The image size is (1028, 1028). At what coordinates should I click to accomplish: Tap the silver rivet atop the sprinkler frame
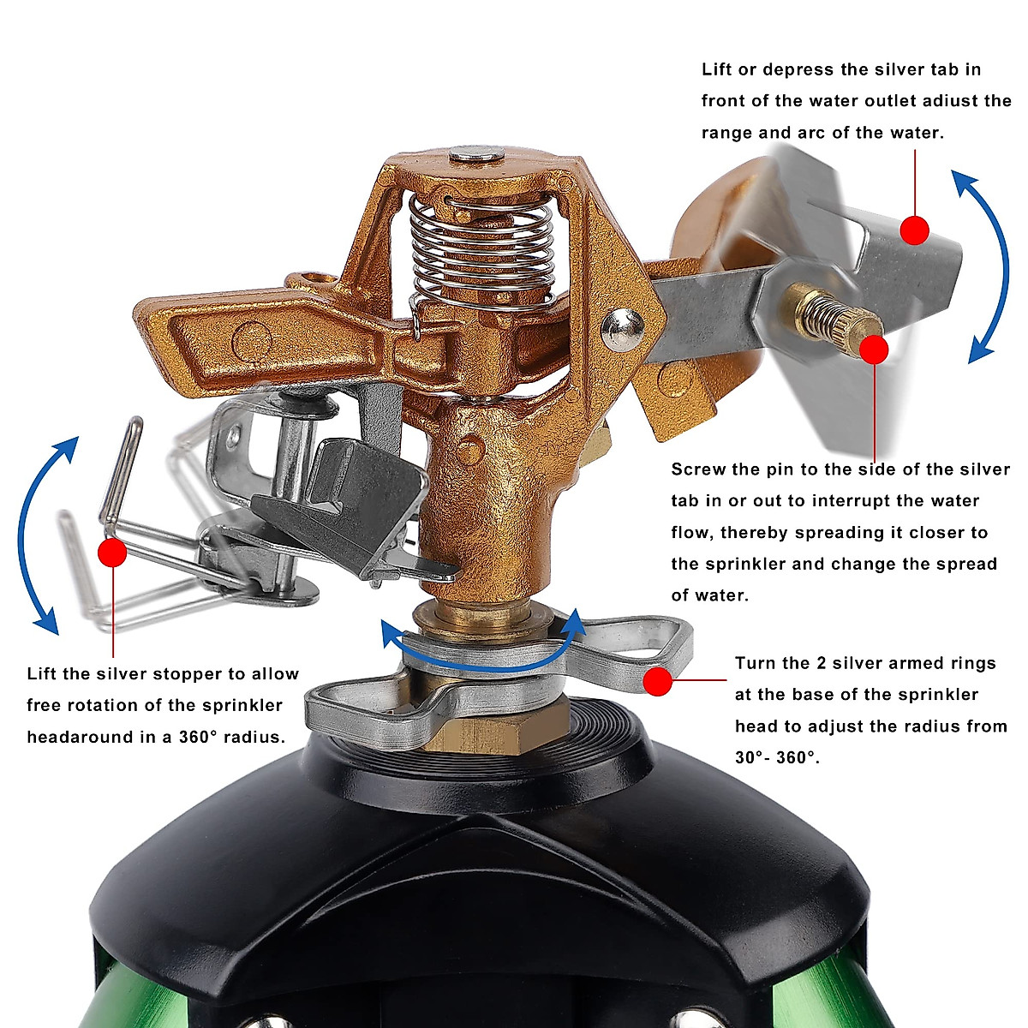[477, 155]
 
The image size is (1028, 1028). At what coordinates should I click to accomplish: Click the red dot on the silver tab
[915, 230]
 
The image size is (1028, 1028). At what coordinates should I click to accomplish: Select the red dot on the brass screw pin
[874, 350]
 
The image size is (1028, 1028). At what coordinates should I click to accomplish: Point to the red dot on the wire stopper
[112, 553]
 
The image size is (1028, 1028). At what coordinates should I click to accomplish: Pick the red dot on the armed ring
[658, 681]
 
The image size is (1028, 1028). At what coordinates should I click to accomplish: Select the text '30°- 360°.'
[777, 758]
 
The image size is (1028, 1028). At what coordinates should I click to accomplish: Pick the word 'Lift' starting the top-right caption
[717, 69]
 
